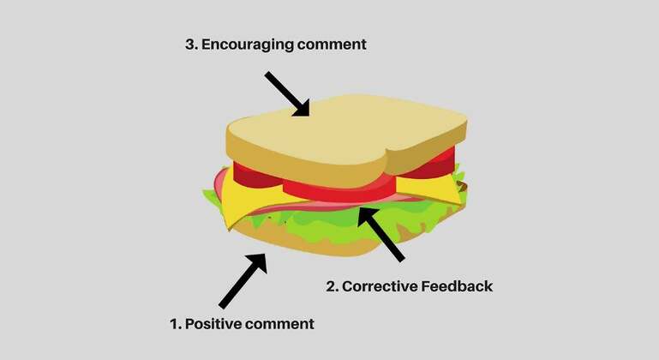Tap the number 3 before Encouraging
pyautogui.click(x=191, y=45)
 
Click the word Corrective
pyautogui.click(x=380, y=286)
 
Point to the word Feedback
pyautogui.click(x=457, y=286)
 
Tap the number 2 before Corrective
pyautogui.click(x=332, y=286)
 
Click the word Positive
pyautogui.click(x=213, y=324)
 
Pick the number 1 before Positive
pyautogui.click(x=175, y=324)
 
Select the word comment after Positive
pyautogui.click(x=279, y=324)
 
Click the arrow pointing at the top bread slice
pyautogui.click(x=287, y=93)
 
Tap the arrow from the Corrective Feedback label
pyautogui.click(x=381, y=234)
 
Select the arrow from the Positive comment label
pyautogui.click(x=243, y=280)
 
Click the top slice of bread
pyautogui.click(x=347, y=139)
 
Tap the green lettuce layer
pyautogui.click(x=336, y=223)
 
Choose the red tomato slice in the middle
pyautogui.click(x=339, y=190)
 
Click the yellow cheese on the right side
pyautogui.click(x=428, y=188)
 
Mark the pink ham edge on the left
pyautogui.click(x=219, y=182)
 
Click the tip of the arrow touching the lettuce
pyautogui.click(x=358, y=207)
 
